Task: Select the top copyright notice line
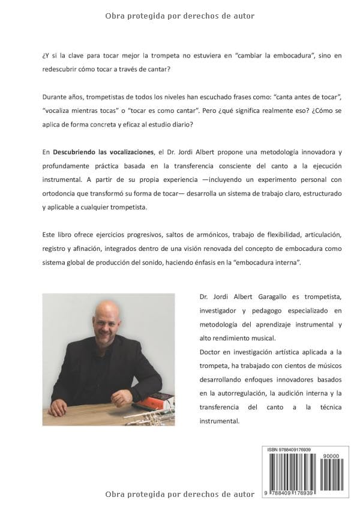pos(179,16)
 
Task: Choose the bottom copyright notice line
pos(179,494)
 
